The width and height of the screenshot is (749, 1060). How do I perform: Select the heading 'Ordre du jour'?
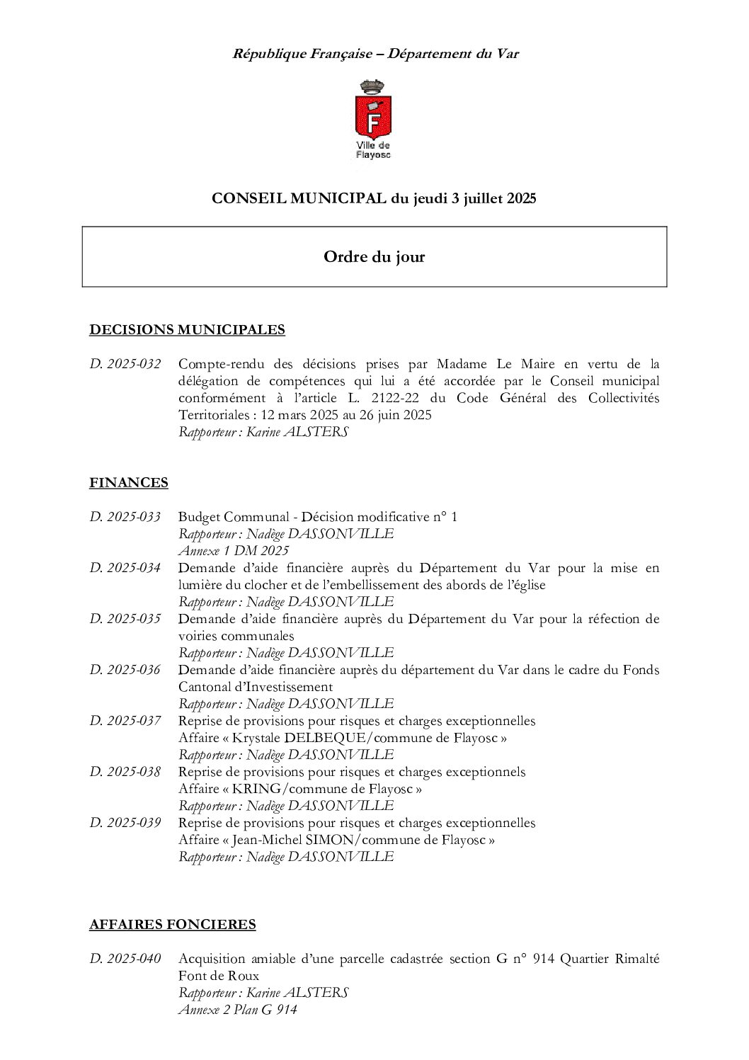pyautogui.click(x=374, y=257)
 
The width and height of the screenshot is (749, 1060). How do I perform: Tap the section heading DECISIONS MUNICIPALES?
pyautogui.click(x=187, y=329)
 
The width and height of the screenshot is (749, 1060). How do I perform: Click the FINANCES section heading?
pyautogui.click(x=129, y=482)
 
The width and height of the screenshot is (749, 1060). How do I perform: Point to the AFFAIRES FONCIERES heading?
pyautogui.click(x=173, y=924)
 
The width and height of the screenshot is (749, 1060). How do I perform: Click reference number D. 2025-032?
pyautogui.click(x=125, y=364)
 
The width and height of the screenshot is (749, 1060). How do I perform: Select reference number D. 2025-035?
pyautogui.click(x=125, y=619)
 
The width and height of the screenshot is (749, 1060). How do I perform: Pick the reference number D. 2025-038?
pyautogui.click(x=125, y=772)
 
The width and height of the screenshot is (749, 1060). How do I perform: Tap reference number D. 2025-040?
pyautogui.click(x=125, y=959)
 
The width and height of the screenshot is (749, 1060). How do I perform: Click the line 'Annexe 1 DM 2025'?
pyautogui.click(x=234, y=551)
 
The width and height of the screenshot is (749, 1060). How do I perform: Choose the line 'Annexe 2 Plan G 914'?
pyautogui.click(x=238, y=1010)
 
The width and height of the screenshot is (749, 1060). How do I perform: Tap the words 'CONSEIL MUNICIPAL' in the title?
pyautogui.click(x=299, y=198)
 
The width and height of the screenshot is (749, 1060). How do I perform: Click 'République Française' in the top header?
pyautogui.click(x=302, y=54)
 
